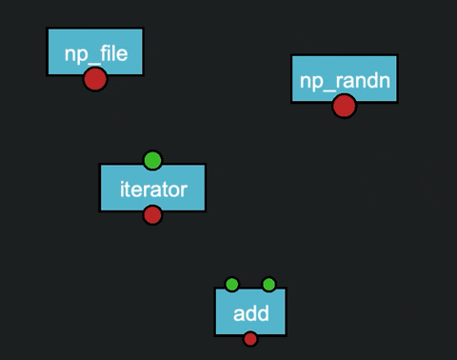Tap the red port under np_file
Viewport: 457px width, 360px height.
tap(94, 79)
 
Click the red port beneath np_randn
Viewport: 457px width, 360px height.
tap(344, 106)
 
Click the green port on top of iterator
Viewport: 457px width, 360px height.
tap(152, 160)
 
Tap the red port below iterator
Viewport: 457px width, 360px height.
tap(152, 215)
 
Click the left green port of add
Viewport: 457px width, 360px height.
tap(231, 284)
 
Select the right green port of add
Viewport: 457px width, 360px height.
tap(268, 284)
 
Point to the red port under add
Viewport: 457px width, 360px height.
tap(250, 338)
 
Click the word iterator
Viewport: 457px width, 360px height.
tap(152, 189)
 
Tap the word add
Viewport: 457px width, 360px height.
tap(250, 313)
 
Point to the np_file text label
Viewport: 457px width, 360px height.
tap(95, 53)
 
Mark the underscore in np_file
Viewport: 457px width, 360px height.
tap(93, 61)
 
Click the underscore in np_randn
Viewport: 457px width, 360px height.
tap(330, 89)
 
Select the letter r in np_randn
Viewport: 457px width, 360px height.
tap(339, 82)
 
